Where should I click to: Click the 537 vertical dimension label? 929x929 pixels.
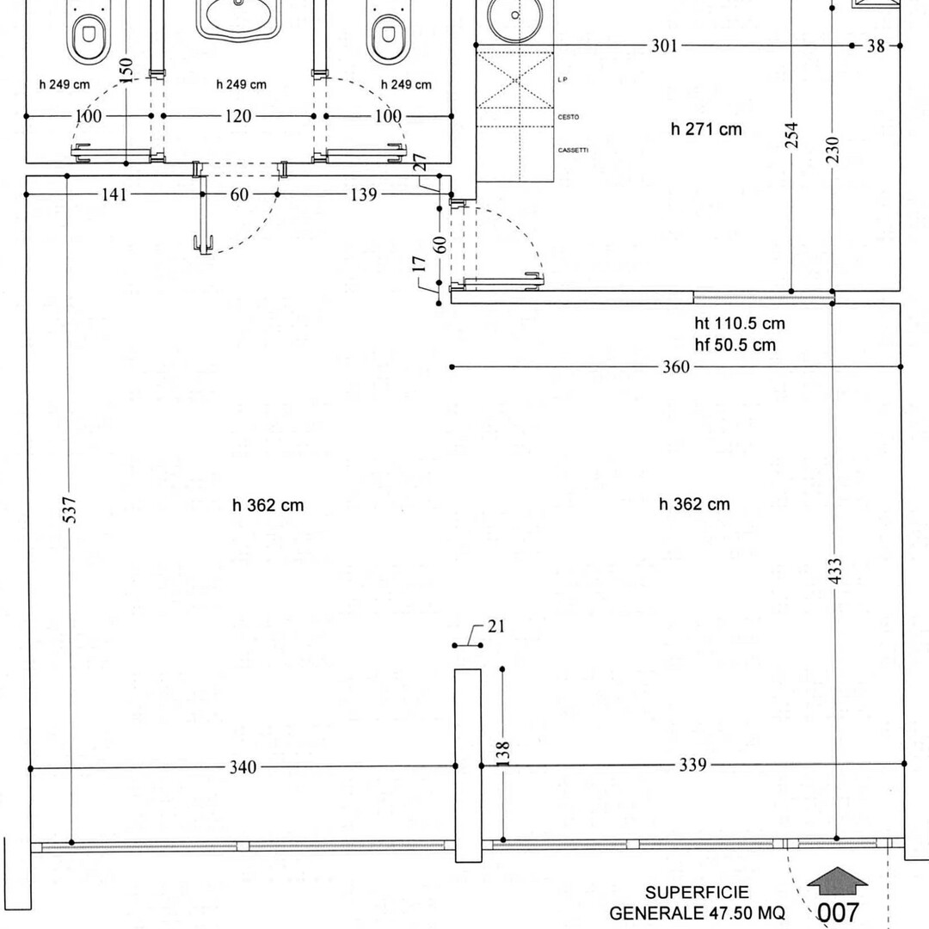(71, 508)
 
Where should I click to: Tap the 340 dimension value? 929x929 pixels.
(243, 767)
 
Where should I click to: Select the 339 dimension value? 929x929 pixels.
(692, 764)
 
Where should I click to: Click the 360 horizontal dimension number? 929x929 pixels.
(676, 367)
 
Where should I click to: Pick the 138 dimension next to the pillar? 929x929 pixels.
(503, 753)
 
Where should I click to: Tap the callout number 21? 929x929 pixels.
(496, 626)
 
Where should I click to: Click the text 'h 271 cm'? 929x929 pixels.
(705, 129)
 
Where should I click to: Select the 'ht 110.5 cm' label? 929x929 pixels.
(740, 324)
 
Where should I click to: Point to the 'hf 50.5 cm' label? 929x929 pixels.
(735, 345)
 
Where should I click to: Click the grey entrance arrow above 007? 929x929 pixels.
(837, 882)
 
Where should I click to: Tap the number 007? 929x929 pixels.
(838, 912)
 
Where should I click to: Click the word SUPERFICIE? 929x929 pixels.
(697, 894)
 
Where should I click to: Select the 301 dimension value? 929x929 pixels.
(663, 46)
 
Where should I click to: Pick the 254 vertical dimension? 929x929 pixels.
(792, 134)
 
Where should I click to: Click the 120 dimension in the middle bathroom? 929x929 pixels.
(238, 115)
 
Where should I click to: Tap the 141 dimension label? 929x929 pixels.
(113, 194)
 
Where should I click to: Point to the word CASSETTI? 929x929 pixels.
(573, 151)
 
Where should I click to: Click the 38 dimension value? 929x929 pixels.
(876, 46)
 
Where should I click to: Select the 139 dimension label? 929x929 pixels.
(363, 194)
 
